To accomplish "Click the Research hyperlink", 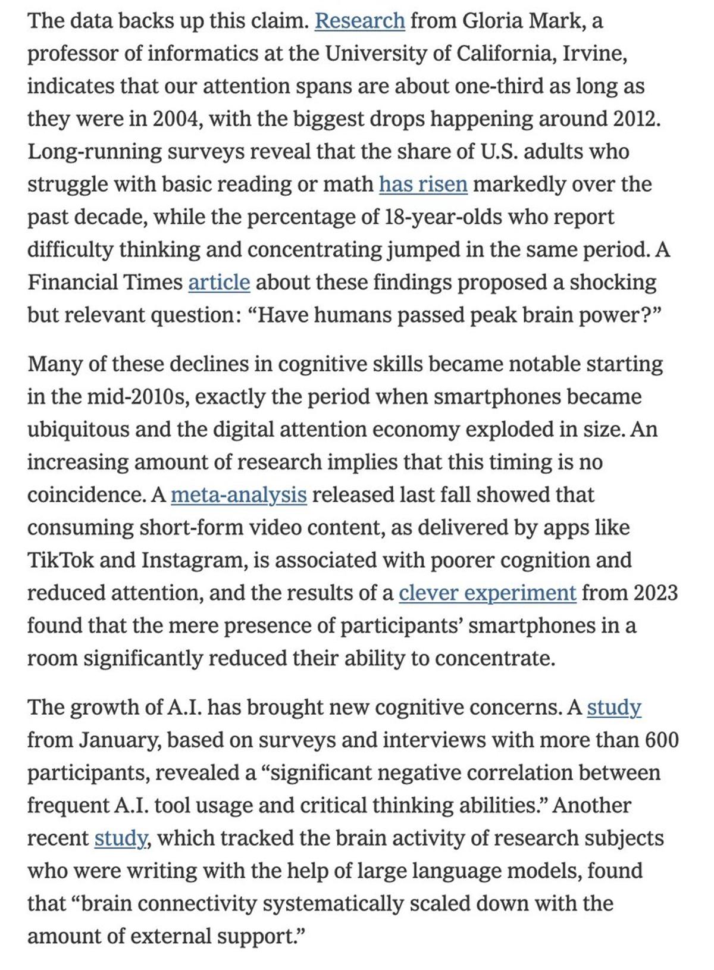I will click(x=359, y=21).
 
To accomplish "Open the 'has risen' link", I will click(x=423, y=184).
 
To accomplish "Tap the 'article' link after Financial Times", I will click(x=219, y=282).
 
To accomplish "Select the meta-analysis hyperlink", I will click(x=239, y=495).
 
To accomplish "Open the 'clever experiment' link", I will click(x=487, y=593).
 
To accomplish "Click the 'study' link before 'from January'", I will click(x=613, y=708).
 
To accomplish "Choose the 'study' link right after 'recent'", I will click(x=121, y=838).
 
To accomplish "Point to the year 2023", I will click(x=655, y=593).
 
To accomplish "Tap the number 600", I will click(x=662, y=740).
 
